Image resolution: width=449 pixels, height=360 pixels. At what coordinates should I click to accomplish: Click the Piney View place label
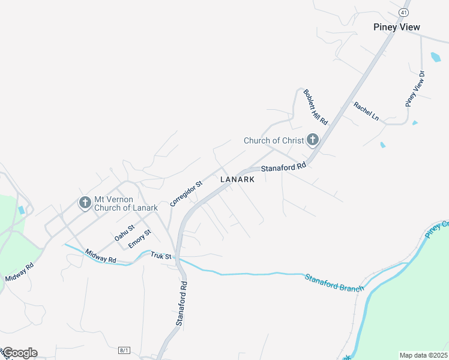click(x=396, y=27)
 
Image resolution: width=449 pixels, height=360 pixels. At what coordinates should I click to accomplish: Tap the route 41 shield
click(x=403, y=12)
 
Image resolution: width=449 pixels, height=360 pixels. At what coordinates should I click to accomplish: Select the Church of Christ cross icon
click(x=312, y=140)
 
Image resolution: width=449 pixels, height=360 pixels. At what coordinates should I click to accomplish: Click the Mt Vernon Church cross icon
click(x=85, y=203)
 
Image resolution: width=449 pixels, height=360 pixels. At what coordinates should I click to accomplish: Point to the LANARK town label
click(x=237, y=179)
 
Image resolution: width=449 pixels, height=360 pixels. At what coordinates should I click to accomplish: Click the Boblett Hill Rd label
click(x=315, y=107)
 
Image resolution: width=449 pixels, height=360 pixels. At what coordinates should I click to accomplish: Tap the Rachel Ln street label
click(x=366, y=111)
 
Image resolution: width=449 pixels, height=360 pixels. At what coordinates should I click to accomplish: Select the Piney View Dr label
click(x=415, y=89)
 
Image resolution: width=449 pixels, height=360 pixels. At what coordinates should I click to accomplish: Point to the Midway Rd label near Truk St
click(x=100, y=256)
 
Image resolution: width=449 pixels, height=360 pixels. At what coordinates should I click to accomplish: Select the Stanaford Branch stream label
click(x=334, y=283)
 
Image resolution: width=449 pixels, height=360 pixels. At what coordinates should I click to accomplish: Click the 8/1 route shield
click(x=124, y=350)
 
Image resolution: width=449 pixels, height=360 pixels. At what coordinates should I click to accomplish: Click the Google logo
click(x=19, y=353)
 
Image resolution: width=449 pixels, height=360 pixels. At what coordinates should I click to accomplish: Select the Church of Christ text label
click(x=274, y=140)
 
